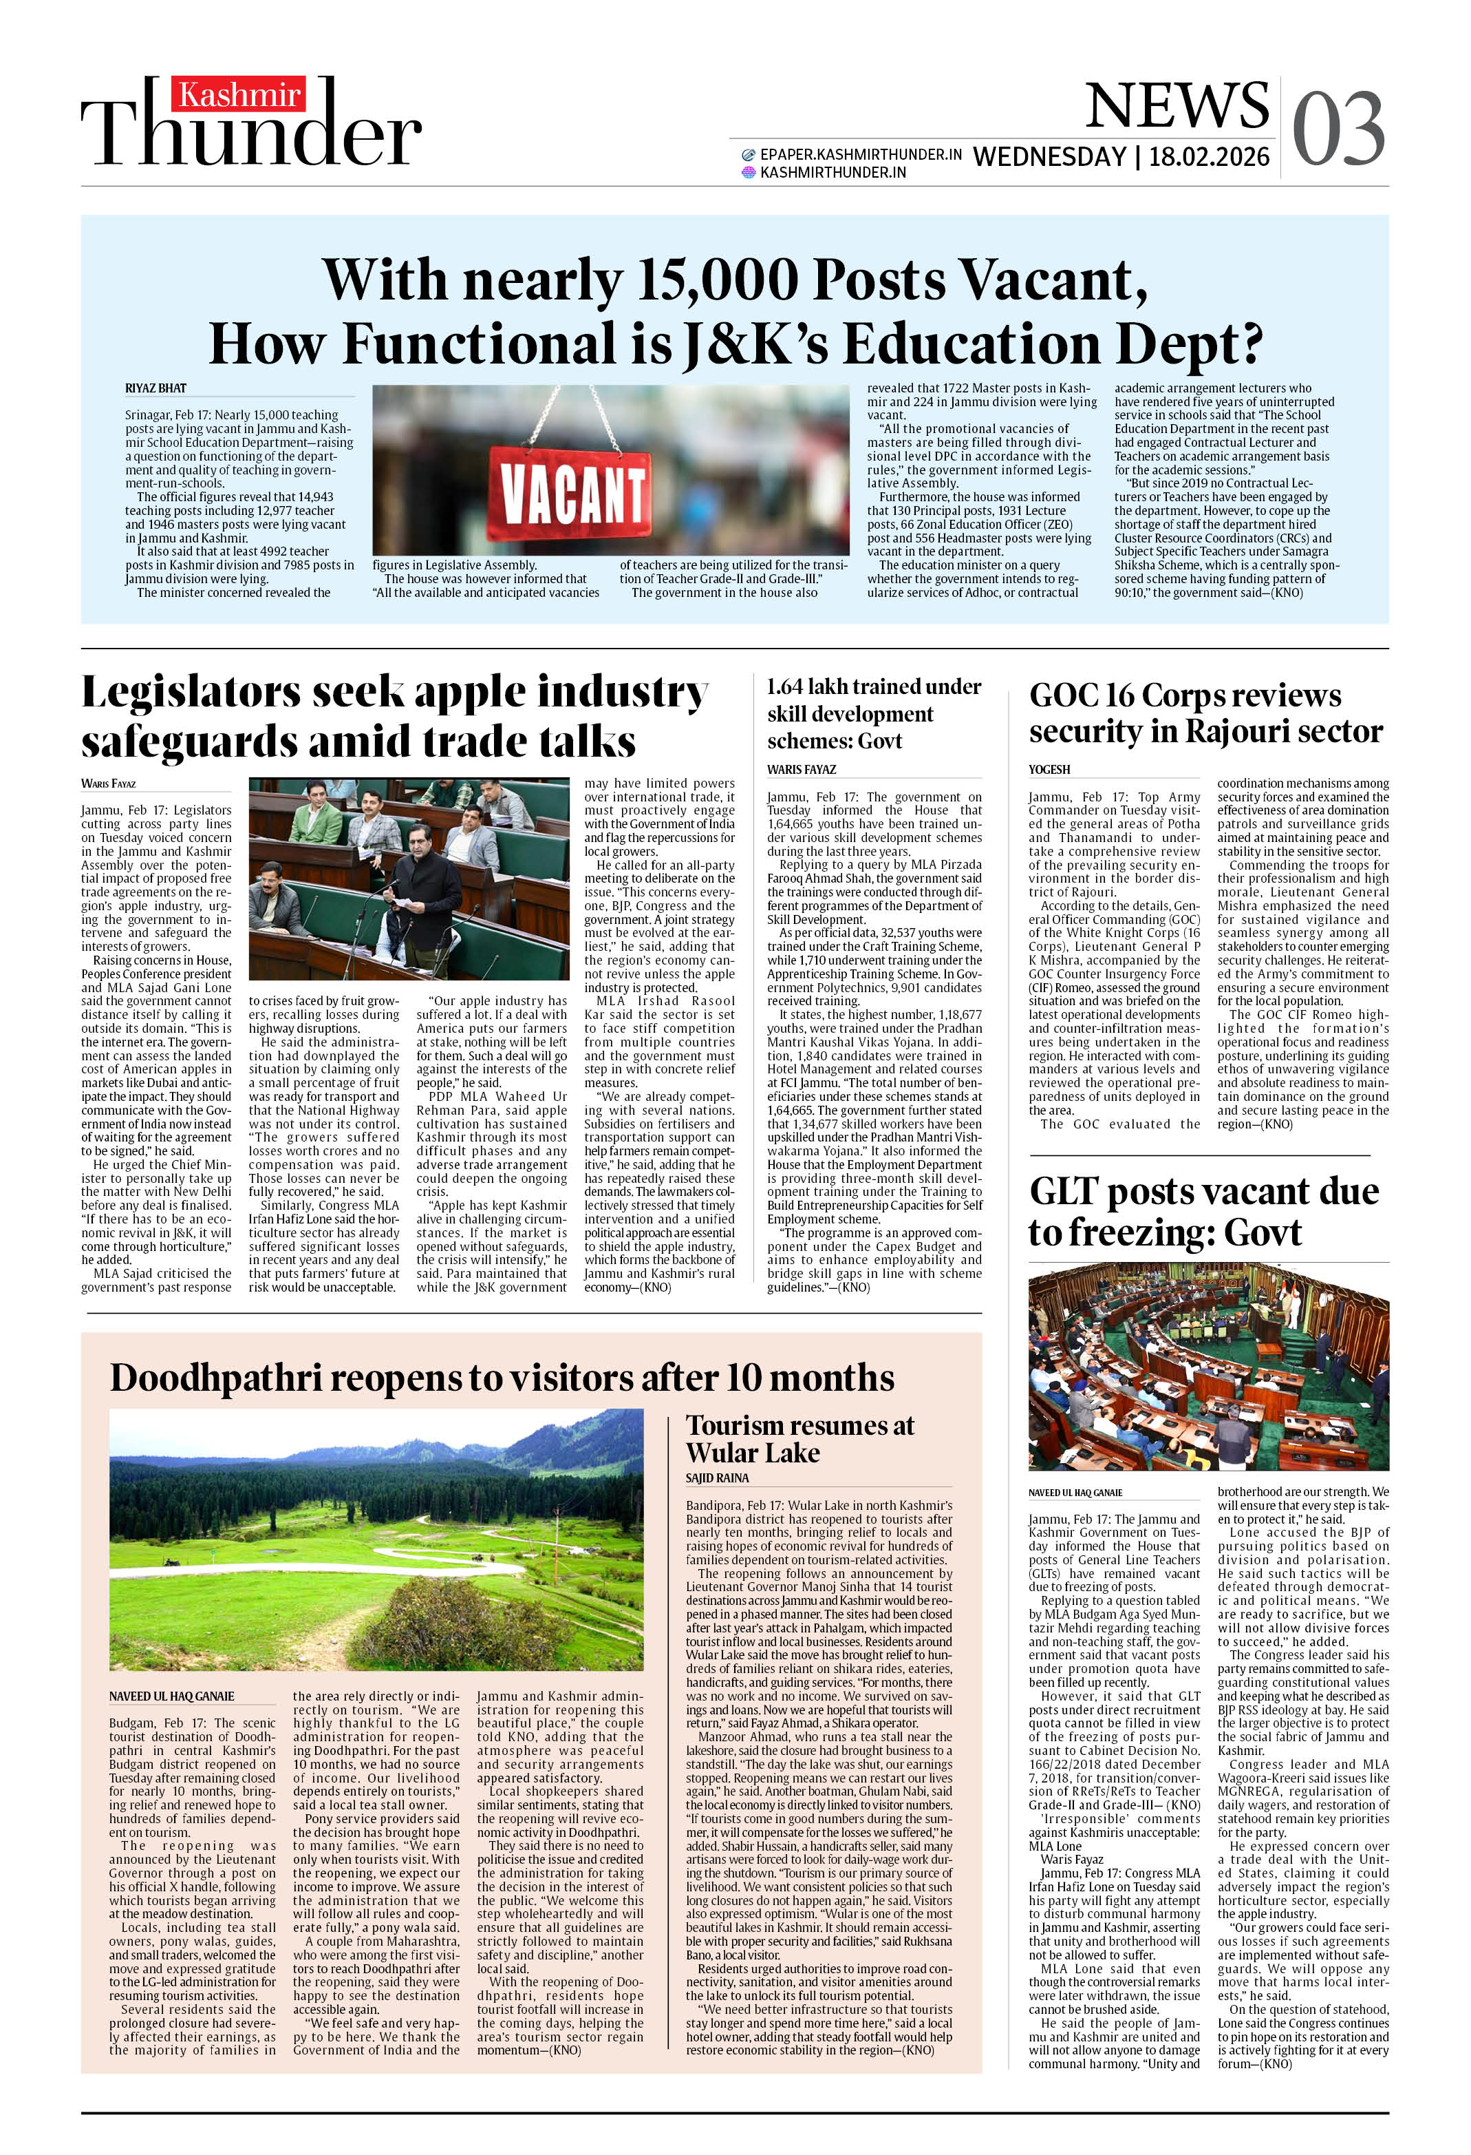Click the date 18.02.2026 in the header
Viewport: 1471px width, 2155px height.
[1209, 157]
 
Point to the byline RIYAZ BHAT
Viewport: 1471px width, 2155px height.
[155, 388]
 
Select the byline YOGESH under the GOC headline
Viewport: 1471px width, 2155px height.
[1049, 770]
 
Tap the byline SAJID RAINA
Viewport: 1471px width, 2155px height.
[718, 1478]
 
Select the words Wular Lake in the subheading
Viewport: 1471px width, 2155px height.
[753, 1453]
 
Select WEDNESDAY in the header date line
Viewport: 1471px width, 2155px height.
[1049, 157]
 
